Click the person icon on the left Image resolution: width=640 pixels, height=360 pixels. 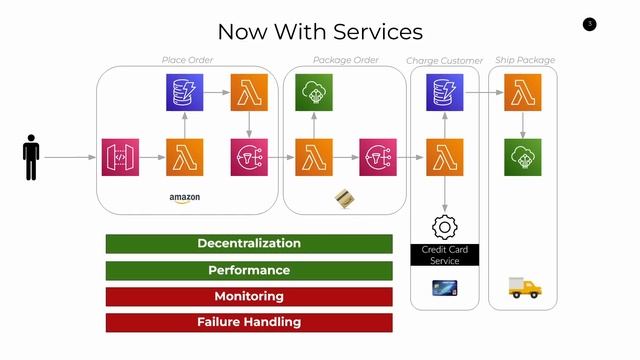coord(31,158)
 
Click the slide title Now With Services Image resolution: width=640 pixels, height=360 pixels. coord(320,32)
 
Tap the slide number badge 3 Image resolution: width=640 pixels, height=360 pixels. coord(589,24)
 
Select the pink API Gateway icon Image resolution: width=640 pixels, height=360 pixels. coord(120,157)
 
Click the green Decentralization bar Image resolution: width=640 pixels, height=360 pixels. coord(249,243)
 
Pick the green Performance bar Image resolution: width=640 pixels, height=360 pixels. coord(249,270)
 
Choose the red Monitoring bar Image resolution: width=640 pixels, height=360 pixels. coord(249,296)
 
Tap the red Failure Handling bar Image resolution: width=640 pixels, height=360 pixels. coord(249,322)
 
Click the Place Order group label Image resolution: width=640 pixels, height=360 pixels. coord(188,60)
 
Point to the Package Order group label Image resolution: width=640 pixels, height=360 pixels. coord(346,60)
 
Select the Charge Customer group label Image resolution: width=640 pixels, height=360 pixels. coord(444,61)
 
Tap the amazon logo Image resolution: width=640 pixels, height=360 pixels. coord(185,198)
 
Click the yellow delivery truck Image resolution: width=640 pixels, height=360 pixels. coord(524,288)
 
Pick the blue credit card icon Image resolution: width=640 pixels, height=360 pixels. coord(444,288)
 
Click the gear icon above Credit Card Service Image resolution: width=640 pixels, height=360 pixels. coord(444,226)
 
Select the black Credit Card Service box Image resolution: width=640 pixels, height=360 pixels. coord(444,254)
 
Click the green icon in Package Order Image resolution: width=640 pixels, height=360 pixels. coord(314,93)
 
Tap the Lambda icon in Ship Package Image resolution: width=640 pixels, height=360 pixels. coord(522,93)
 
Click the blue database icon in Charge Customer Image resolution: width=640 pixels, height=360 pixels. coord(444,93)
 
